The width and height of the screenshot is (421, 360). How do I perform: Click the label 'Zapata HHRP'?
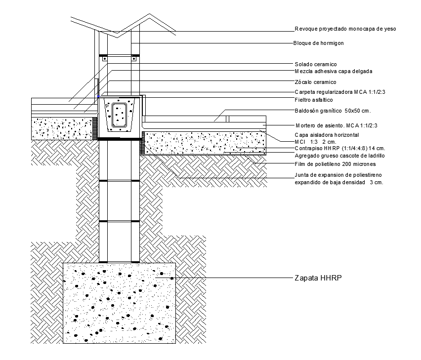pyautogui.click(x=318, y=278)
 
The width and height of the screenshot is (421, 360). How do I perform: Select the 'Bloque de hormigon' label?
pyautogui.click(x=318, y=43)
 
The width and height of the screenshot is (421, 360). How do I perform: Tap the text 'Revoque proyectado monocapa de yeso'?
pyautogui.click(x=345, y=29)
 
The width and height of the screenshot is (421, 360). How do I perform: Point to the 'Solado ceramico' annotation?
pyautogui.click(x=316, y=64)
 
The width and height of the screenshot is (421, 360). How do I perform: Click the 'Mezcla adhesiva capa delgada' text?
pyautogui.click(x=334, y=71)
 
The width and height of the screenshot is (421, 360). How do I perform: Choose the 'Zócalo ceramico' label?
pyautogui.click(x=315, y=82)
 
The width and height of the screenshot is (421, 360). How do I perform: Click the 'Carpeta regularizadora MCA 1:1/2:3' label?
pyautogui.click(x=340, y=92)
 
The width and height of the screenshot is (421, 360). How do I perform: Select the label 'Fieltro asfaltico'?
pyautogui.click(x=314, y=100)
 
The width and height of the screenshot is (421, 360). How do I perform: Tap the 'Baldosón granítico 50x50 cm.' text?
pyautogui.click(x=333, y=111)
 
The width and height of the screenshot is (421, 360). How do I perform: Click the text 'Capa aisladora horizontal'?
pyautogui.click(x=327, y=135)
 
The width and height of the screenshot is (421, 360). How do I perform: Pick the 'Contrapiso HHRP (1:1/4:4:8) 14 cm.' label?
pyautogui.click(x=340, y=148)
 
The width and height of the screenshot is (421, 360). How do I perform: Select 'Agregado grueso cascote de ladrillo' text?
pyautogui.click(x=339, y=156)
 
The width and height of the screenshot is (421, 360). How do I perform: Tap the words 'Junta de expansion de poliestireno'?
pyautogui.click(x=338, y=175)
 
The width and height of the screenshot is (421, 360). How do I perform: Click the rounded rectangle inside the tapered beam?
pyautogui.click(x=120, y=115)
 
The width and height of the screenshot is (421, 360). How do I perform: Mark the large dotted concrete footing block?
pyautogui.click(x=119, y=303)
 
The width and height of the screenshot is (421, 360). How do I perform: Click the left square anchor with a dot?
pyautogui.click(x=105, y=58)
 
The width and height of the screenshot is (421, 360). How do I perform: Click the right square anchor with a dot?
pyautogui.click(x=134, y=58)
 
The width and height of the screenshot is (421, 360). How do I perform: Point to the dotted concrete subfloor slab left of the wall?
pyautogui.click(x=62, y=128)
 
